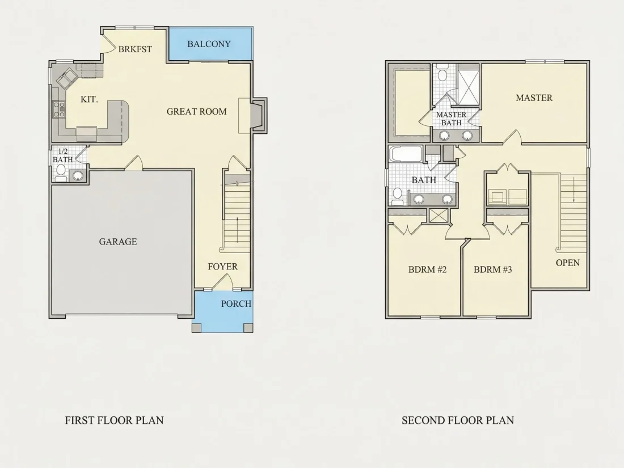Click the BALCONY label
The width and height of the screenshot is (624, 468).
pyautogui.click(x=209, y=44)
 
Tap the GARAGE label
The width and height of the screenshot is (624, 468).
pyautogui.click(x=118, y=242)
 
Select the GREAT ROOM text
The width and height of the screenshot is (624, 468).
pyautogui.click(x=197, y=111)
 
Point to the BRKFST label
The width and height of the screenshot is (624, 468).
pyautogui.click(x=135, y=49)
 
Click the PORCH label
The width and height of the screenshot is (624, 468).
pyautogui.click(x=237, y=303)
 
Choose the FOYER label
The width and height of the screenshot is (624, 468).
pyautogui.click(x=222, y=267)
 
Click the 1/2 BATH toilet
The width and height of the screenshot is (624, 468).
pyautogui.click(x=61, y=172)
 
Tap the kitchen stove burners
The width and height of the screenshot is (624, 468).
pyautogui.click(x=59, y=109)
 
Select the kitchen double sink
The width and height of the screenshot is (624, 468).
pyautogui.click(x=66, y=77)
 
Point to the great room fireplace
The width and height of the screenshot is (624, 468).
pyautogui.click(x=258, y=115)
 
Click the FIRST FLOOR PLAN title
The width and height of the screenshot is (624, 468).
pyautogui.click(x=114, y=420)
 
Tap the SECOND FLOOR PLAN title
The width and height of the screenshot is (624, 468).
pyautogui.click(x=458, y=420)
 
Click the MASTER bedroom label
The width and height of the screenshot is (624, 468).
pyautogui.click(x=534, y=98)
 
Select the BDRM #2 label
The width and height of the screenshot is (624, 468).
pyautogui.click(x=427, y=269)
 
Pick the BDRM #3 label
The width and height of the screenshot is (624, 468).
pyautogui.click(x=492, y=269)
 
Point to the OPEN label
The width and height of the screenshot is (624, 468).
pyautogui.click(x=567, y=263)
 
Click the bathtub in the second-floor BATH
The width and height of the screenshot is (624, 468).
pyautogui.click(x=407, y=154)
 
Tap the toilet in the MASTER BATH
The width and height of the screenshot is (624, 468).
pyautogui.click(x=442, y=74)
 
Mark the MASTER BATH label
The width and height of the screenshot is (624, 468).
pyautogui.click(x=452, y=119)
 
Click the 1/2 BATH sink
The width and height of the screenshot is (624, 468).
pyautogui.click(x=78, y=175)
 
